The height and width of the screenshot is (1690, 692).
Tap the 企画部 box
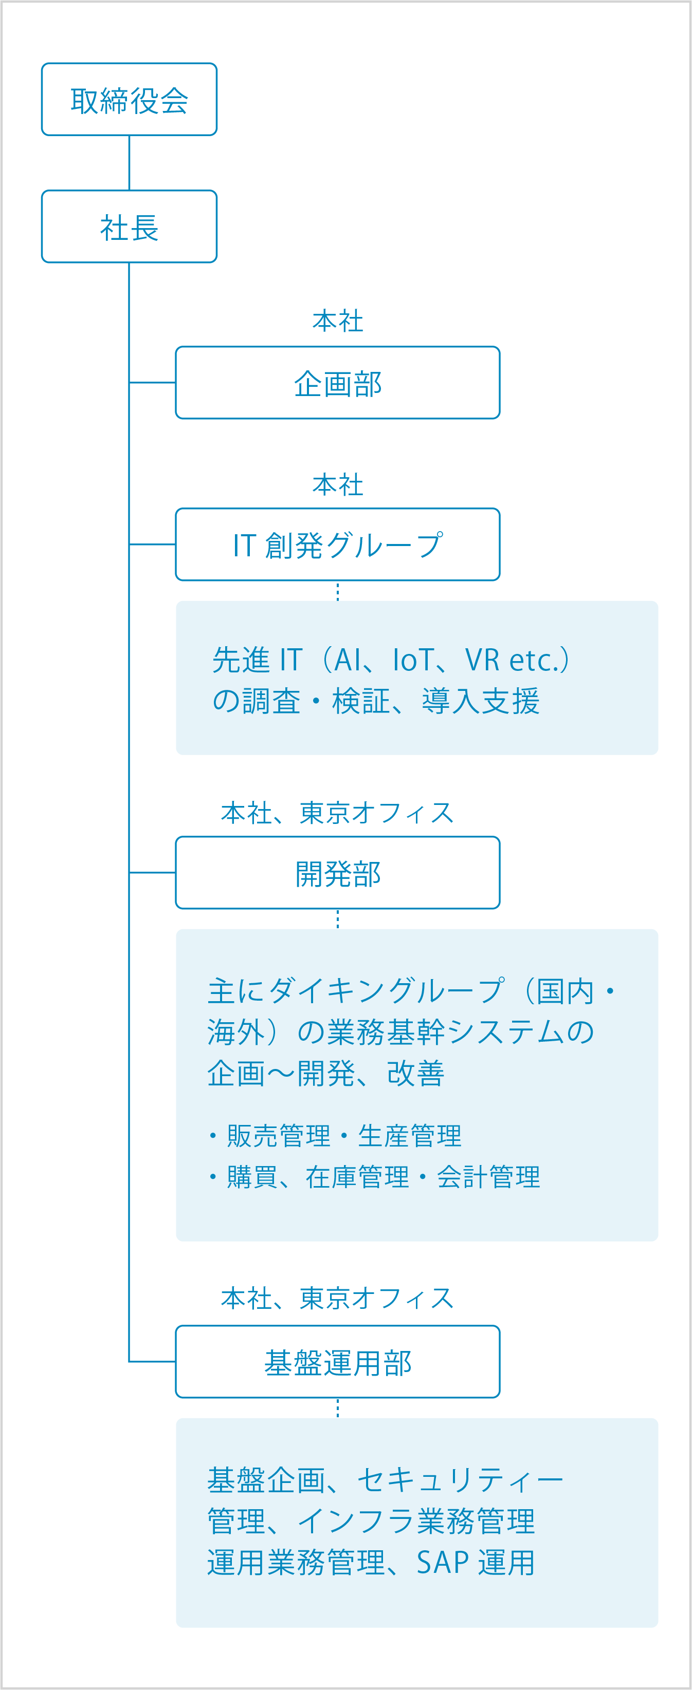(337, 383)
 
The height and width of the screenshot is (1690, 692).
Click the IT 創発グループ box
(337, 544)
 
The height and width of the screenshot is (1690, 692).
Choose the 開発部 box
(337, 873)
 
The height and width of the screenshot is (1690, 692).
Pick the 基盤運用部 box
(337, 1361)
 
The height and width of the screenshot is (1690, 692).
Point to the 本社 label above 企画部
(337, 322)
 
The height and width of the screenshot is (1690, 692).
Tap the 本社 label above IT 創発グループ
(337, 485)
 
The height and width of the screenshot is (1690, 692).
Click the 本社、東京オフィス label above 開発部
(337, 813)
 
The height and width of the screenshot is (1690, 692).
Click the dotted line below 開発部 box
(337, 918)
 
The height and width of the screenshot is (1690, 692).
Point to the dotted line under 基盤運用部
(337, 1408)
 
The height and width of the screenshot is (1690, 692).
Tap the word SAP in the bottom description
(443, 1563)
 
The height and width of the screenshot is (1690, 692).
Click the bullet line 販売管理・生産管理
(336, 1136)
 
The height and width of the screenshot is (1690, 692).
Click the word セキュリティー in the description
(460, 1480)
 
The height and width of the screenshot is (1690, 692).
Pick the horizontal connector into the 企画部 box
(152, 383)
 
